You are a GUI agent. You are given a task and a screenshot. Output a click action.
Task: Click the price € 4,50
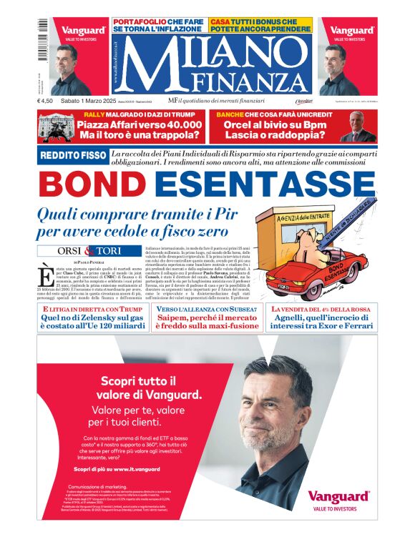pos(49,102)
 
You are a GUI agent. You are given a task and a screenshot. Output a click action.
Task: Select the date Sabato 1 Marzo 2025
pos(90,102)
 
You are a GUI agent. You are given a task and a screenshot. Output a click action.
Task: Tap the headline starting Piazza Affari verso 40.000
pos(151,129)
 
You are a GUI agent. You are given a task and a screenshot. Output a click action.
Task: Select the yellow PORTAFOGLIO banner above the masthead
pos(160,25)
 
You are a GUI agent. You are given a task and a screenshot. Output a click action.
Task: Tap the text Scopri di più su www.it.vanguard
pos(114,468)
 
